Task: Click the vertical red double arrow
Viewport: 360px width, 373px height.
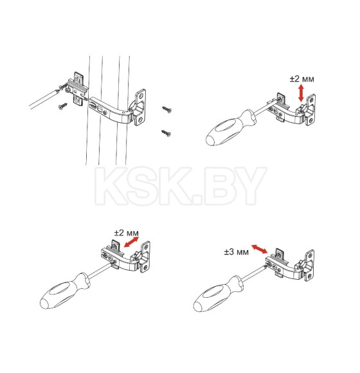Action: pyautogui.click(x=301, y=93)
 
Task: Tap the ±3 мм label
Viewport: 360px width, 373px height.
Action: pyautogui.click(x=236, y=251)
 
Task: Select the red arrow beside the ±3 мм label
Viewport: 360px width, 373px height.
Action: pyautogui.click(x=260, y=249)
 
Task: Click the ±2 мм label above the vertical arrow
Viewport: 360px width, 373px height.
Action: pyautogui.click(x=301, y=78)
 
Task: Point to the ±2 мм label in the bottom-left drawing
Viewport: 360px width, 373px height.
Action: pyautogui.click(x=126, y=233)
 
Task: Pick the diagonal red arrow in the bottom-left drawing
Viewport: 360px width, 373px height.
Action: pyautogui.click(x=132, y=242)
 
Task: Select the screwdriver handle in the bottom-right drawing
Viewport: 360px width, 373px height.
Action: pyautogui.click(x=218, y=294)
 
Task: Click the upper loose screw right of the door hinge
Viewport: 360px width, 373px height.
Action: pyautogui.click(x=167, y=109)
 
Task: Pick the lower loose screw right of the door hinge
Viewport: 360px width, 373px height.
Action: pyautogui.click(x=166, y=133)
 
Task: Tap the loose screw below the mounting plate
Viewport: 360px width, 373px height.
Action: pyautogui.click(x=63, y=106)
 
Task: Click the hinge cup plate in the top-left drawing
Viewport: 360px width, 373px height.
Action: pyautogui.click(x=139, y=107)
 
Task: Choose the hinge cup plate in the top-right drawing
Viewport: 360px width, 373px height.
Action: pyautogui.click(x=310, y=110)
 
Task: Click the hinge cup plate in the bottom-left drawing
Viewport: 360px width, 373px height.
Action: pyautogui.click(x=145, y=257)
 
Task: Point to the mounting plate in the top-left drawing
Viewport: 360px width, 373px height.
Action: pyautogui.click(x=78, y=89)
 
